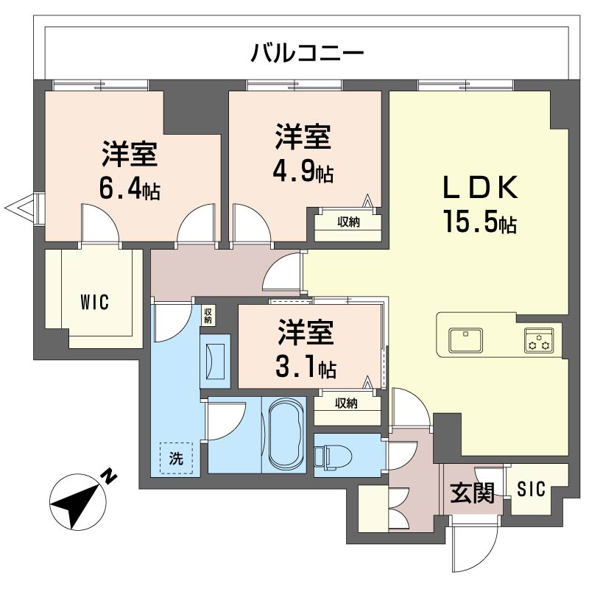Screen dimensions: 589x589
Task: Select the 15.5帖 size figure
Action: [x=479, y=220]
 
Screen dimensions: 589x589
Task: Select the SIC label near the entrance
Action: [x=531, y=488]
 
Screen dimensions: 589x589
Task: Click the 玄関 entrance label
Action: [x=471, y=493]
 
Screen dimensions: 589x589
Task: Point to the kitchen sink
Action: [x=465, y=340]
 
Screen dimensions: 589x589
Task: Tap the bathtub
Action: [x=283, y=434]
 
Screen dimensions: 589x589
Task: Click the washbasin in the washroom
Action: [x=214, y=361]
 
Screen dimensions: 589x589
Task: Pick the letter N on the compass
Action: [x=108, y=476]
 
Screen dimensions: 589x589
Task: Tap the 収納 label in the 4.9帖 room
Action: [x=348, y=222]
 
